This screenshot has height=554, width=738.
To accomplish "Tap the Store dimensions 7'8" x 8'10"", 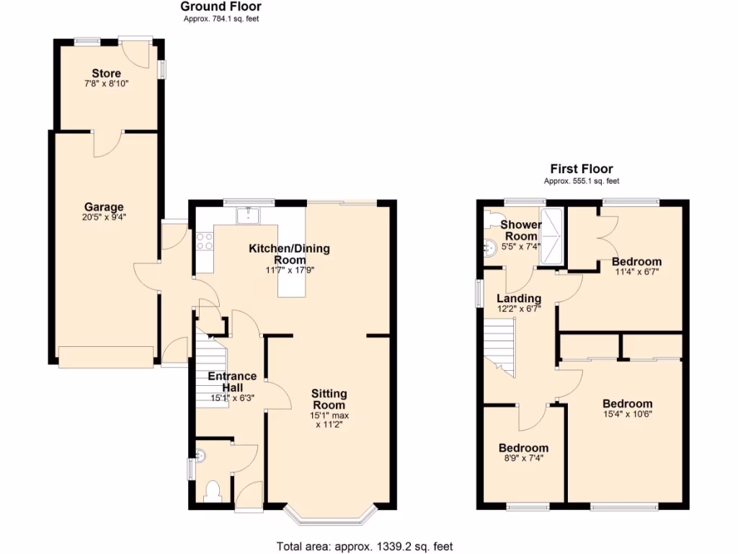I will (x=106, y=84).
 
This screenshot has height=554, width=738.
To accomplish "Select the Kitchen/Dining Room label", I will (x=289, y=254).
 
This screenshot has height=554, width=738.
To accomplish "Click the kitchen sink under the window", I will (x=249, y=214).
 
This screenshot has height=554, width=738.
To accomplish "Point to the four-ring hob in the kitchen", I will (x=204, y=240).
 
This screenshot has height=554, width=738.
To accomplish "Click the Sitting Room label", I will (x=329, y=399).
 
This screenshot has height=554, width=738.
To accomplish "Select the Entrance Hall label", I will (x=232, y=382).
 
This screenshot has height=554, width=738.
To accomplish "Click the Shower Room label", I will (x=521, y=230).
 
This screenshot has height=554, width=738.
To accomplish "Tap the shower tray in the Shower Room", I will (x=553, y=235).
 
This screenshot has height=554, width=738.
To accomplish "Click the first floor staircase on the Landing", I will (x=499, y=346).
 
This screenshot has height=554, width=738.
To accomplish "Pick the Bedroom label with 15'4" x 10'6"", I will (x=627, y=404).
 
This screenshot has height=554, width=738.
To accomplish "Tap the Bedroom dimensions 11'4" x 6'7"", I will (x=636, y=272).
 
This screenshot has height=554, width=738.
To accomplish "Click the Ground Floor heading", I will (x=221, y=7).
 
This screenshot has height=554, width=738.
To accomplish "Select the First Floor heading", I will (x=581, y=169).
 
